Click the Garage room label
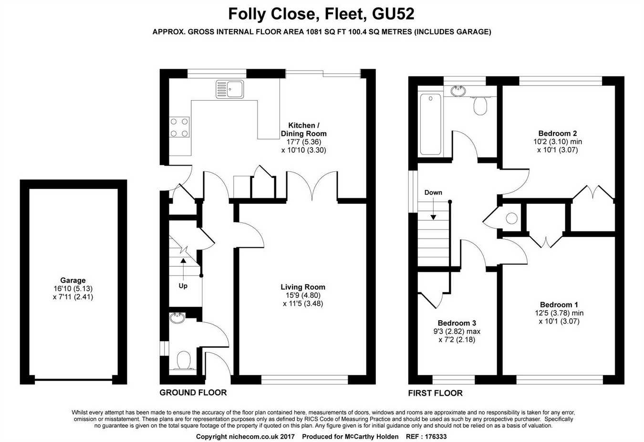tap(73, 280)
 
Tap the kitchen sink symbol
tap(230, 89)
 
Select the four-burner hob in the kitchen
tap(179, 127)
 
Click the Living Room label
tap(303, 287)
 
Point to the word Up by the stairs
tap(183, 286)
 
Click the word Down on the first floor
tap(433, 192)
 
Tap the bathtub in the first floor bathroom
tap(430, 124)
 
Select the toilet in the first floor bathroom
tap(480, 105)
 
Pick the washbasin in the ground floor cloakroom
tap(177, 318)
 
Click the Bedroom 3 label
tap(457, 323)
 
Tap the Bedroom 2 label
tap(558, 134)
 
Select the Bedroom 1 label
tap(559, 305)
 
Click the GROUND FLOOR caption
tap(193, 392)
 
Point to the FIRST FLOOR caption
tap(435, 393)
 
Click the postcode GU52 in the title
tap(393, 14)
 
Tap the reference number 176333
tap(434, 437)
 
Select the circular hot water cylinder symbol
tap(512, 218)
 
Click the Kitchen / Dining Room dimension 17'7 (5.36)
tap(303, 142)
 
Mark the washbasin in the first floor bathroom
tap(458, 90)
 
